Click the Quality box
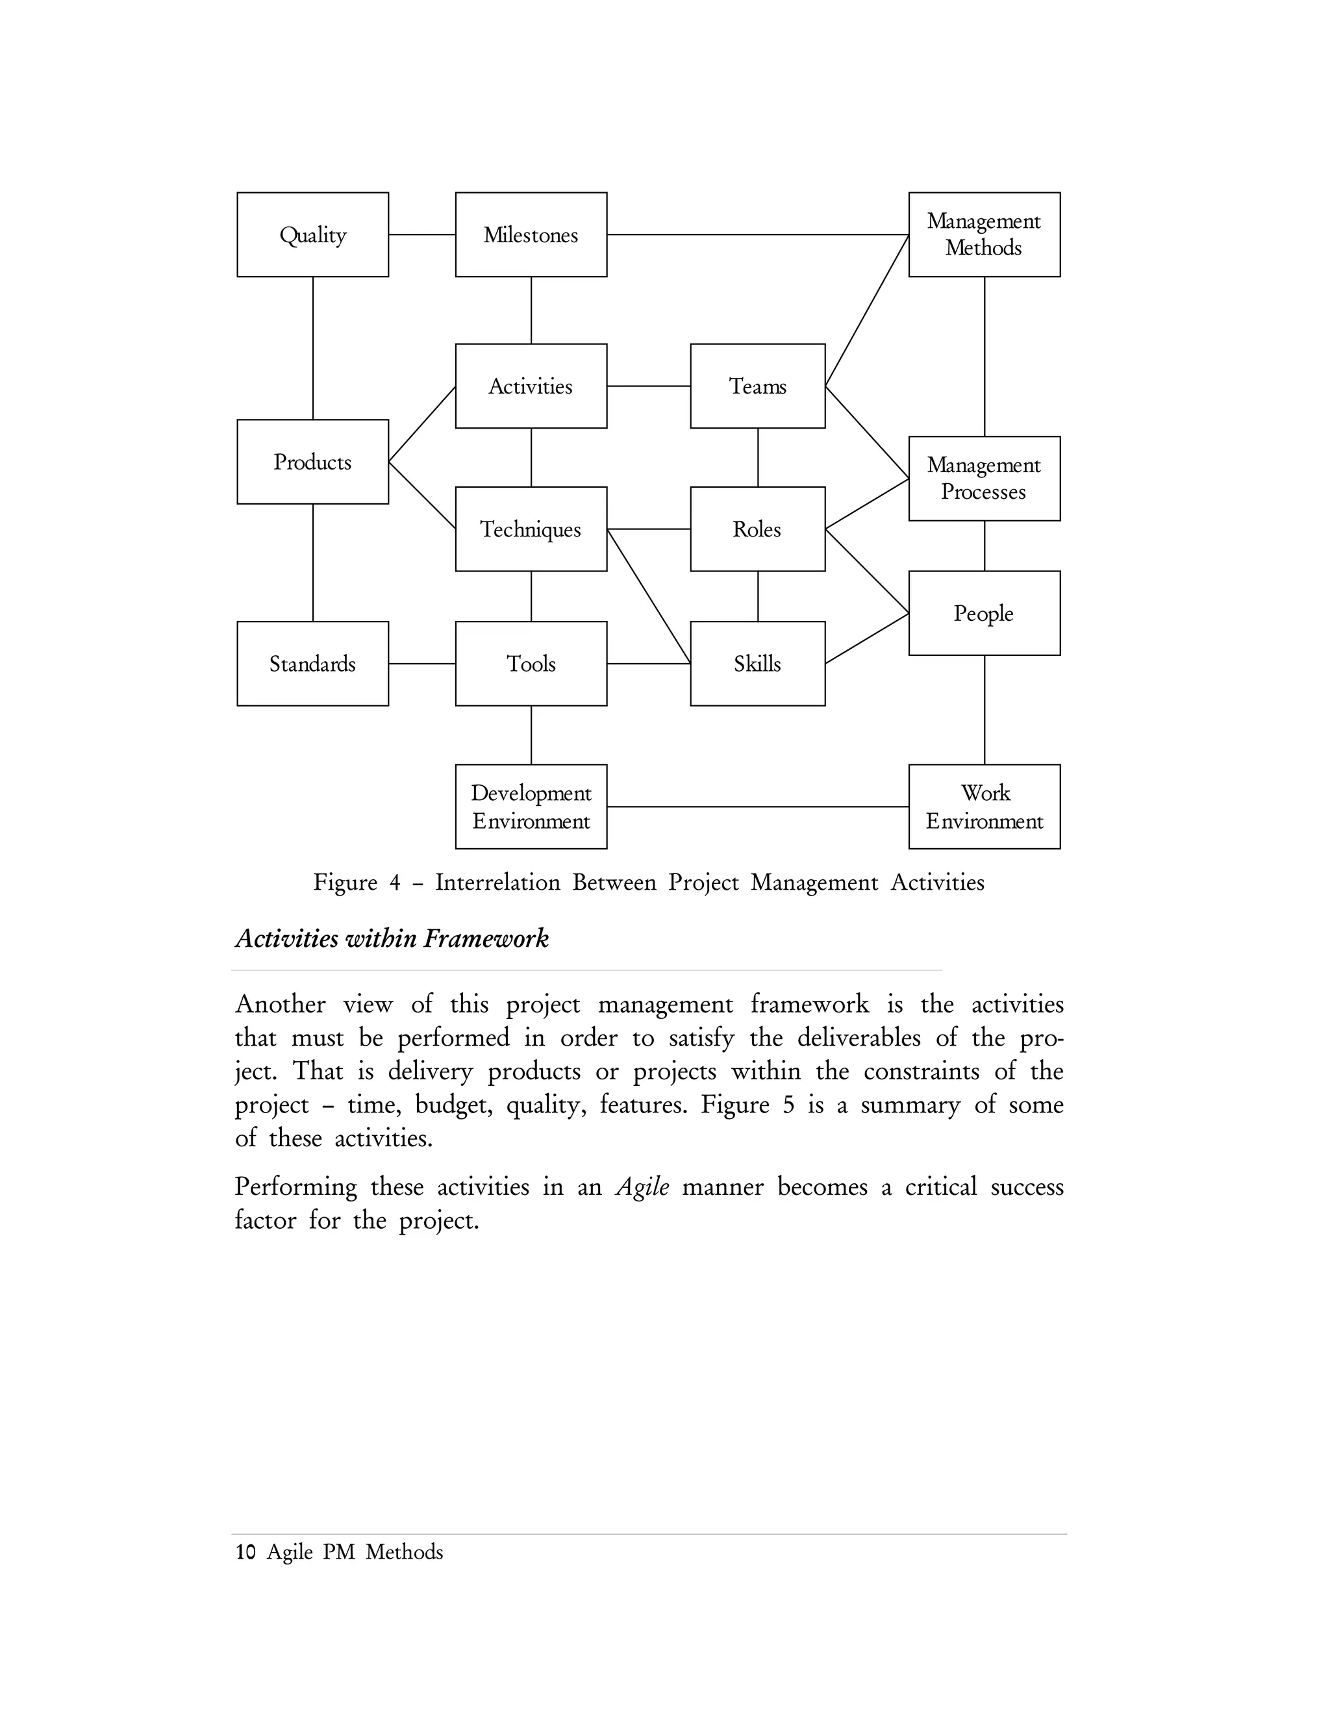313,235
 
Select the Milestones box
531,235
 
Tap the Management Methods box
984,235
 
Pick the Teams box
757,386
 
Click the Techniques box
531,529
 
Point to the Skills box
757,664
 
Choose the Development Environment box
531,806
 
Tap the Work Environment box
984,806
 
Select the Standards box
313,664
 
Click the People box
984,613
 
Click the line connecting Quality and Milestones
421,235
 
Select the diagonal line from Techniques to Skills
649,597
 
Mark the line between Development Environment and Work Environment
757,807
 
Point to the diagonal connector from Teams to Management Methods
867,310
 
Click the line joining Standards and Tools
421,664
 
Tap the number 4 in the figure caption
395,883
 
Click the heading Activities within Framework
392,938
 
